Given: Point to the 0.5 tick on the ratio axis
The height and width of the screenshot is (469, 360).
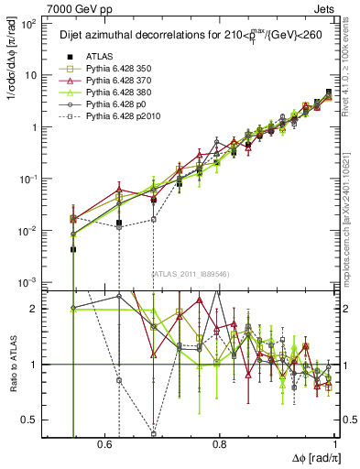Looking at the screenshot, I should pos(30,420).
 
